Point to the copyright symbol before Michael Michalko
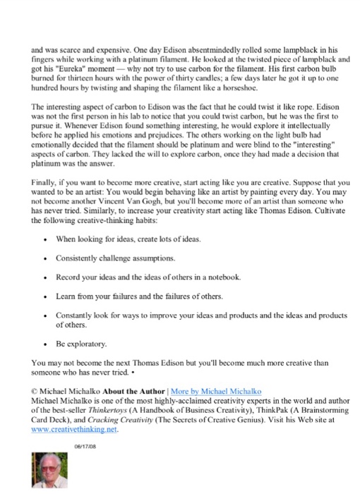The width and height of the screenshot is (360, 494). [x=35, y=390]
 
